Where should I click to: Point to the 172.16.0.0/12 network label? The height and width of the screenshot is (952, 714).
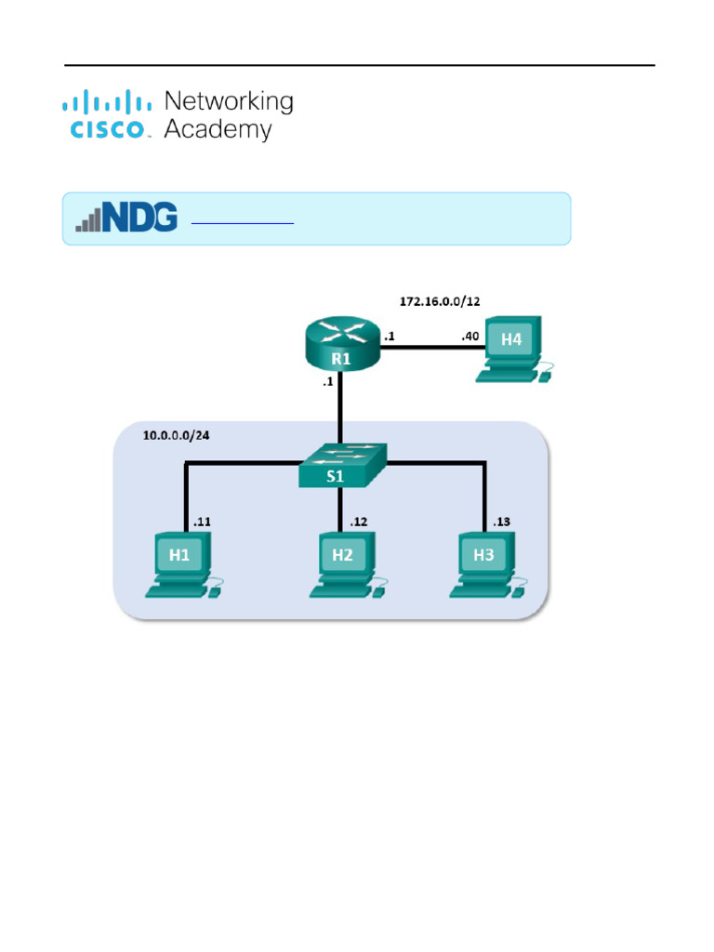(x=440, y=301)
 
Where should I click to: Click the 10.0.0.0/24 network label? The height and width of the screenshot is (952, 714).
(x=176, y=435)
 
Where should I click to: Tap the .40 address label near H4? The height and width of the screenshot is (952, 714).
(x=469, y=337)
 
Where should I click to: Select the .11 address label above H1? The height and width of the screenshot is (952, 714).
(x=201, y=522)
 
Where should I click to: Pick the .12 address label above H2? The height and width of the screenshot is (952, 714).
(x=358, y=522)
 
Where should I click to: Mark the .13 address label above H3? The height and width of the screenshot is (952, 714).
(x=501, y=522)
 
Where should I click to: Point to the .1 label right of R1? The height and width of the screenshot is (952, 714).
(x=389, y=337)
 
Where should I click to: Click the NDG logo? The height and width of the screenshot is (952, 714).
(x=126, y=218)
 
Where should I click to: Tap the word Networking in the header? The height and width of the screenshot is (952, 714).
(x=228, y=101)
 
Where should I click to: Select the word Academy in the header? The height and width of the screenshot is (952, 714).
(x=218, y=129)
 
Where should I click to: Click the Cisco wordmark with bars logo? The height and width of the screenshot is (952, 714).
(x=107, y=115)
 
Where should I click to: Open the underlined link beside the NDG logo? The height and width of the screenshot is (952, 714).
(x=242, y=222)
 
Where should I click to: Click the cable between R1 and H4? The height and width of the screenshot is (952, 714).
(x=423, y=348)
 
